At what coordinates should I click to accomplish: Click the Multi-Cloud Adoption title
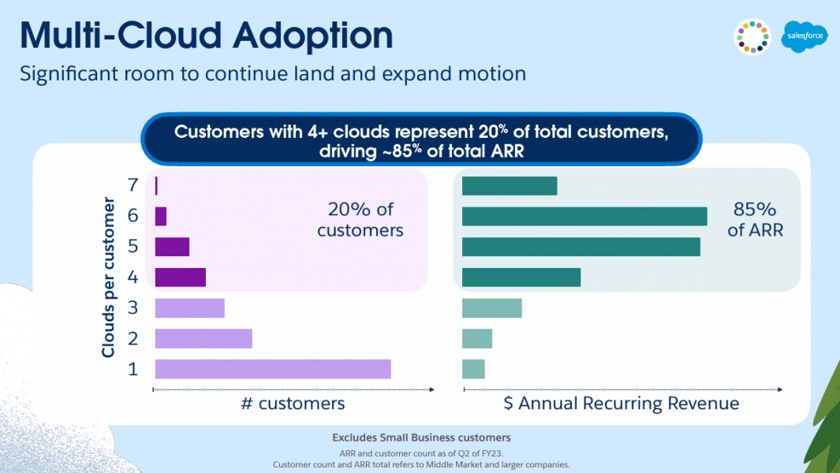pyautogui.click(x=206, y=36)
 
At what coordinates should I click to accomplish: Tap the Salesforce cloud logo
pyautogui.click(x=804, y=37)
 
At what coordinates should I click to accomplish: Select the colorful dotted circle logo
pyautogui.click(x=752, y=37)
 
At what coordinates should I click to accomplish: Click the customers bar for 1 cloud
pyautogui.click(x=273, y=369)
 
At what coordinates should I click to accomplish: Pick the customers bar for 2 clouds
pyautogui.click(x=203, y=338)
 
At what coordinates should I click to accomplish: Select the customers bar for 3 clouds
pyautogui.click(x=190, y=307)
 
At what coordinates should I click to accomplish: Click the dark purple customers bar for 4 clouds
pyautogui.click(x=181, y=277)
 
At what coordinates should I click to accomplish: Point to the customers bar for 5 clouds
pyautogui.click(x=172, y=247)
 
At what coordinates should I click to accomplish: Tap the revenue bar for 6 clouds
pyautogui.click(x=584, y=216)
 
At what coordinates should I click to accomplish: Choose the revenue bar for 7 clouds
pyautogui.click(x=510, y=186)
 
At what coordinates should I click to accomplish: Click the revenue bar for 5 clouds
pyautogui.click(x=581, y=247)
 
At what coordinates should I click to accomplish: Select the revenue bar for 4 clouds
pyautogui.click(x=521, y=277)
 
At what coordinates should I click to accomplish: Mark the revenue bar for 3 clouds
pyautogui.click(x=492, y=307)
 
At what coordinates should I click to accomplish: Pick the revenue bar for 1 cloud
pyautogui.click(x=473, y=369)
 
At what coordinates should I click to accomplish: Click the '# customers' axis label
pyautogui.click(x=293, y=404)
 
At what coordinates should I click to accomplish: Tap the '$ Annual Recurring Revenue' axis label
pyautogui.click(x=622, y=404)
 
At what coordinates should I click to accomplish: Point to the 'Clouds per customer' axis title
pyautogui.click(x=109, y=281)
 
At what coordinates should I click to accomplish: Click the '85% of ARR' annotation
pyautogui.click(x=755, y=220)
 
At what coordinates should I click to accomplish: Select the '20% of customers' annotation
pyautogui.click(x=360, y=220)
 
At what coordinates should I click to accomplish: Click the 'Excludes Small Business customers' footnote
pyautogui.click(x=421, y=438)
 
